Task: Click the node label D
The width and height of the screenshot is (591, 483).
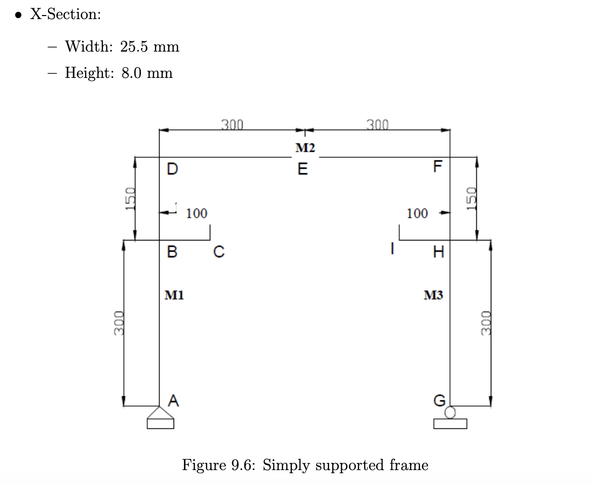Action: point(173,169)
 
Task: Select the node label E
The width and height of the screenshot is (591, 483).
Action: point(303,169)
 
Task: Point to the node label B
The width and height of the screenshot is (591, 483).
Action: point(173,252)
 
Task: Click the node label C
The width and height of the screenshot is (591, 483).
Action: point(219,252)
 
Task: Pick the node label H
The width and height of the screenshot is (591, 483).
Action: point(439,252)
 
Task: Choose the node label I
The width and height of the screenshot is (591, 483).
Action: point(393,249)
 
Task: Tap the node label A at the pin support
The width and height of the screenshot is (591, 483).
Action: point(174,400)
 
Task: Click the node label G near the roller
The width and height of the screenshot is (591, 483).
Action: point(439,400)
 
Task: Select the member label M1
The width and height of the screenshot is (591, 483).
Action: point(174,296)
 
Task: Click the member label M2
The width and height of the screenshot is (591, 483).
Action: point(305,148)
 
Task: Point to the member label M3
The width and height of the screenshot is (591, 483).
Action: point(433,296)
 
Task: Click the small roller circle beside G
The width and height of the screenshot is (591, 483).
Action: point(450,412)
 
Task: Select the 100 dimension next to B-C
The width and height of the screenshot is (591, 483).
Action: point(196,213)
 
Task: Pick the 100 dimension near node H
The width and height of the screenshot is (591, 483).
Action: point(417,213)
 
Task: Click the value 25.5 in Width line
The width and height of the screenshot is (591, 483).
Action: point(134,47)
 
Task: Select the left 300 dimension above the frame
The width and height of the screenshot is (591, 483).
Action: point(232,124)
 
